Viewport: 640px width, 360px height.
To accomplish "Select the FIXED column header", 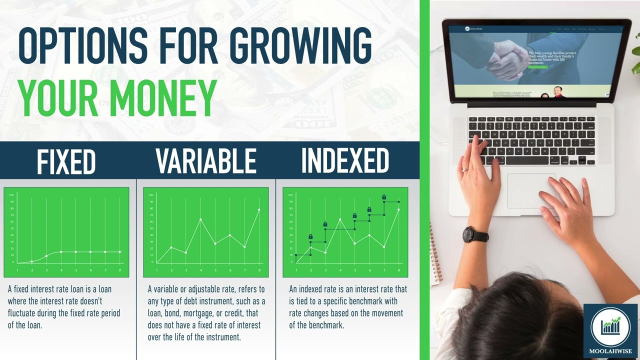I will point(66,161).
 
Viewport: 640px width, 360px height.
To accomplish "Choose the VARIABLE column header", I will point(205,161).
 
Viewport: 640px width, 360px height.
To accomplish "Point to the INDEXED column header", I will point(345,161).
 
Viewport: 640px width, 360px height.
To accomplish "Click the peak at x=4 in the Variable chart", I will point(200,219).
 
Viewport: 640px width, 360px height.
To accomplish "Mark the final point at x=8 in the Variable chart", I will point(259,209).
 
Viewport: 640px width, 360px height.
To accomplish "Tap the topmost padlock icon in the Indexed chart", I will point(384,197).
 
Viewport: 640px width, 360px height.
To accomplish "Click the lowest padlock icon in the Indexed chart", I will point(310,236).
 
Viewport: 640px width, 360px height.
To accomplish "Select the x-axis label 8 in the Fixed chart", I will point(120,270).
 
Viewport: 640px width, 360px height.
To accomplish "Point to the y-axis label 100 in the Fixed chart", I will point(11,194).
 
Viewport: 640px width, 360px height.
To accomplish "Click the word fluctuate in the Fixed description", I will point(24,313).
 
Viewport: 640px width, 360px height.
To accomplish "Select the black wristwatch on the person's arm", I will point(474,235).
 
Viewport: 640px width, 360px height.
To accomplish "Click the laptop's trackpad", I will point(531,191).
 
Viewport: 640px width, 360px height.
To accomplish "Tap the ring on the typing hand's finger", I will point(465,169).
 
